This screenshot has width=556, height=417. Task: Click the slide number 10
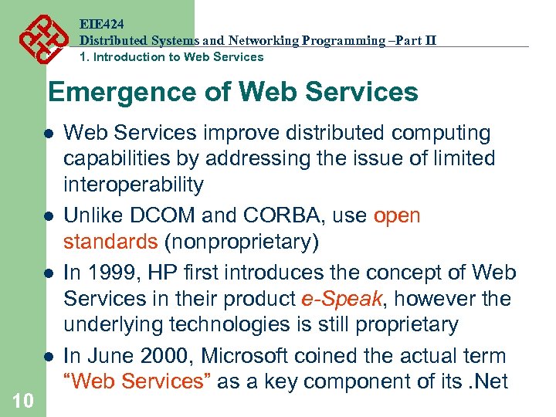coord(23,400)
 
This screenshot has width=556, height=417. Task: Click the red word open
coord(397,215)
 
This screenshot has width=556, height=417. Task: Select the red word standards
coord(110,242)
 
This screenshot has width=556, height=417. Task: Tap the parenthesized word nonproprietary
coord(241,242)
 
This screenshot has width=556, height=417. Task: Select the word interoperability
coord(134,185)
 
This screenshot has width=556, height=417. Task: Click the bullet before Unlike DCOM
coord(48,216)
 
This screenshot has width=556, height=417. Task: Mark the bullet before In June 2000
coord(48,357)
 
